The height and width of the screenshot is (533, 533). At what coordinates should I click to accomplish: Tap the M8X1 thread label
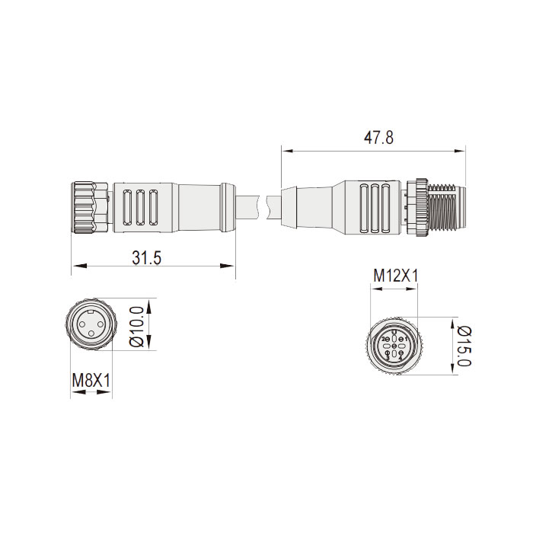[91, 379]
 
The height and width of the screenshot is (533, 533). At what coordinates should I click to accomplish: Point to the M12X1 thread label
[395, 276]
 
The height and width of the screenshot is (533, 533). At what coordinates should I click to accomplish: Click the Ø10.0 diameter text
[137, 325]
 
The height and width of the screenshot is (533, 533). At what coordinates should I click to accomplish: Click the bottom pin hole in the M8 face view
[91, 334]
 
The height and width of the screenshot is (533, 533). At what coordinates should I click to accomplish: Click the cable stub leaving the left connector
[247, 207]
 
